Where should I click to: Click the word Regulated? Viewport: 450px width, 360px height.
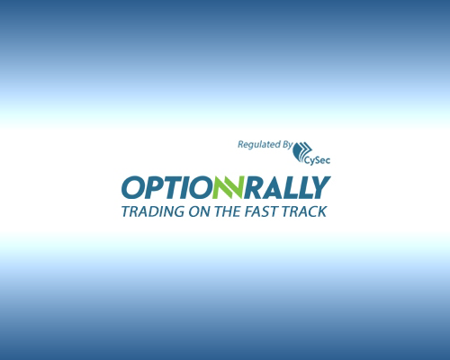pyautogui.click(x=256, y=145)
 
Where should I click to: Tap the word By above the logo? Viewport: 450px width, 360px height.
pyautogui.click(x=285, y=145)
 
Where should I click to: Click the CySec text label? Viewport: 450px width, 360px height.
pyautogui.click(x=317, y=160)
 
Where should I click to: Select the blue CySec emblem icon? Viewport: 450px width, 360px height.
pyautogui.click(x=302, y=150)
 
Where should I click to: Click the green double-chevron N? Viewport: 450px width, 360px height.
pyautogui.click(x=228, y=187)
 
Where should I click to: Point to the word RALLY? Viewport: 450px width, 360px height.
pyautogui.click(x=287, y=187)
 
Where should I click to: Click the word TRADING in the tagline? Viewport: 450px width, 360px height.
pyautogui.click(x=153, y=211)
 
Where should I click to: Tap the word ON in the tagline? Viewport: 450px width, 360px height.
pyautogui.click(x=200, y=211)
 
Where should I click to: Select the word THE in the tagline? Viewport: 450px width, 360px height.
pyautogui.click(x=228, y=211)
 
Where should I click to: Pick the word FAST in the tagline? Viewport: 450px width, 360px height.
pyautogui.click(x=260, y=211)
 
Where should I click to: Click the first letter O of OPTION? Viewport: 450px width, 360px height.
pyautogui.click(x=133, y=187)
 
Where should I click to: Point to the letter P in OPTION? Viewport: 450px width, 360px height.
pyautogui.click(x=155, y=187)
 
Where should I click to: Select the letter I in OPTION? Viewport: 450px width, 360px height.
pyautogui.click(x=187, y=187)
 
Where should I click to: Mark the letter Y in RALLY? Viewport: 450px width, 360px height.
pyautogui.click(x=320, y=187)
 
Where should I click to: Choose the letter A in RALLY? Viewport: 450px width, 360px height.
pyautogui.click(x=274, y=187)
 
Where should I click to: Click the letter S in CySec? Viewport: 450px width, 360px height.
pyautogui.click(x=316, y=160)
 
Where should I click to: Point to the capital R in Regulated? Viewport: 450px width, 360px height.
pyautogui.click(x=240, y=145)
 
